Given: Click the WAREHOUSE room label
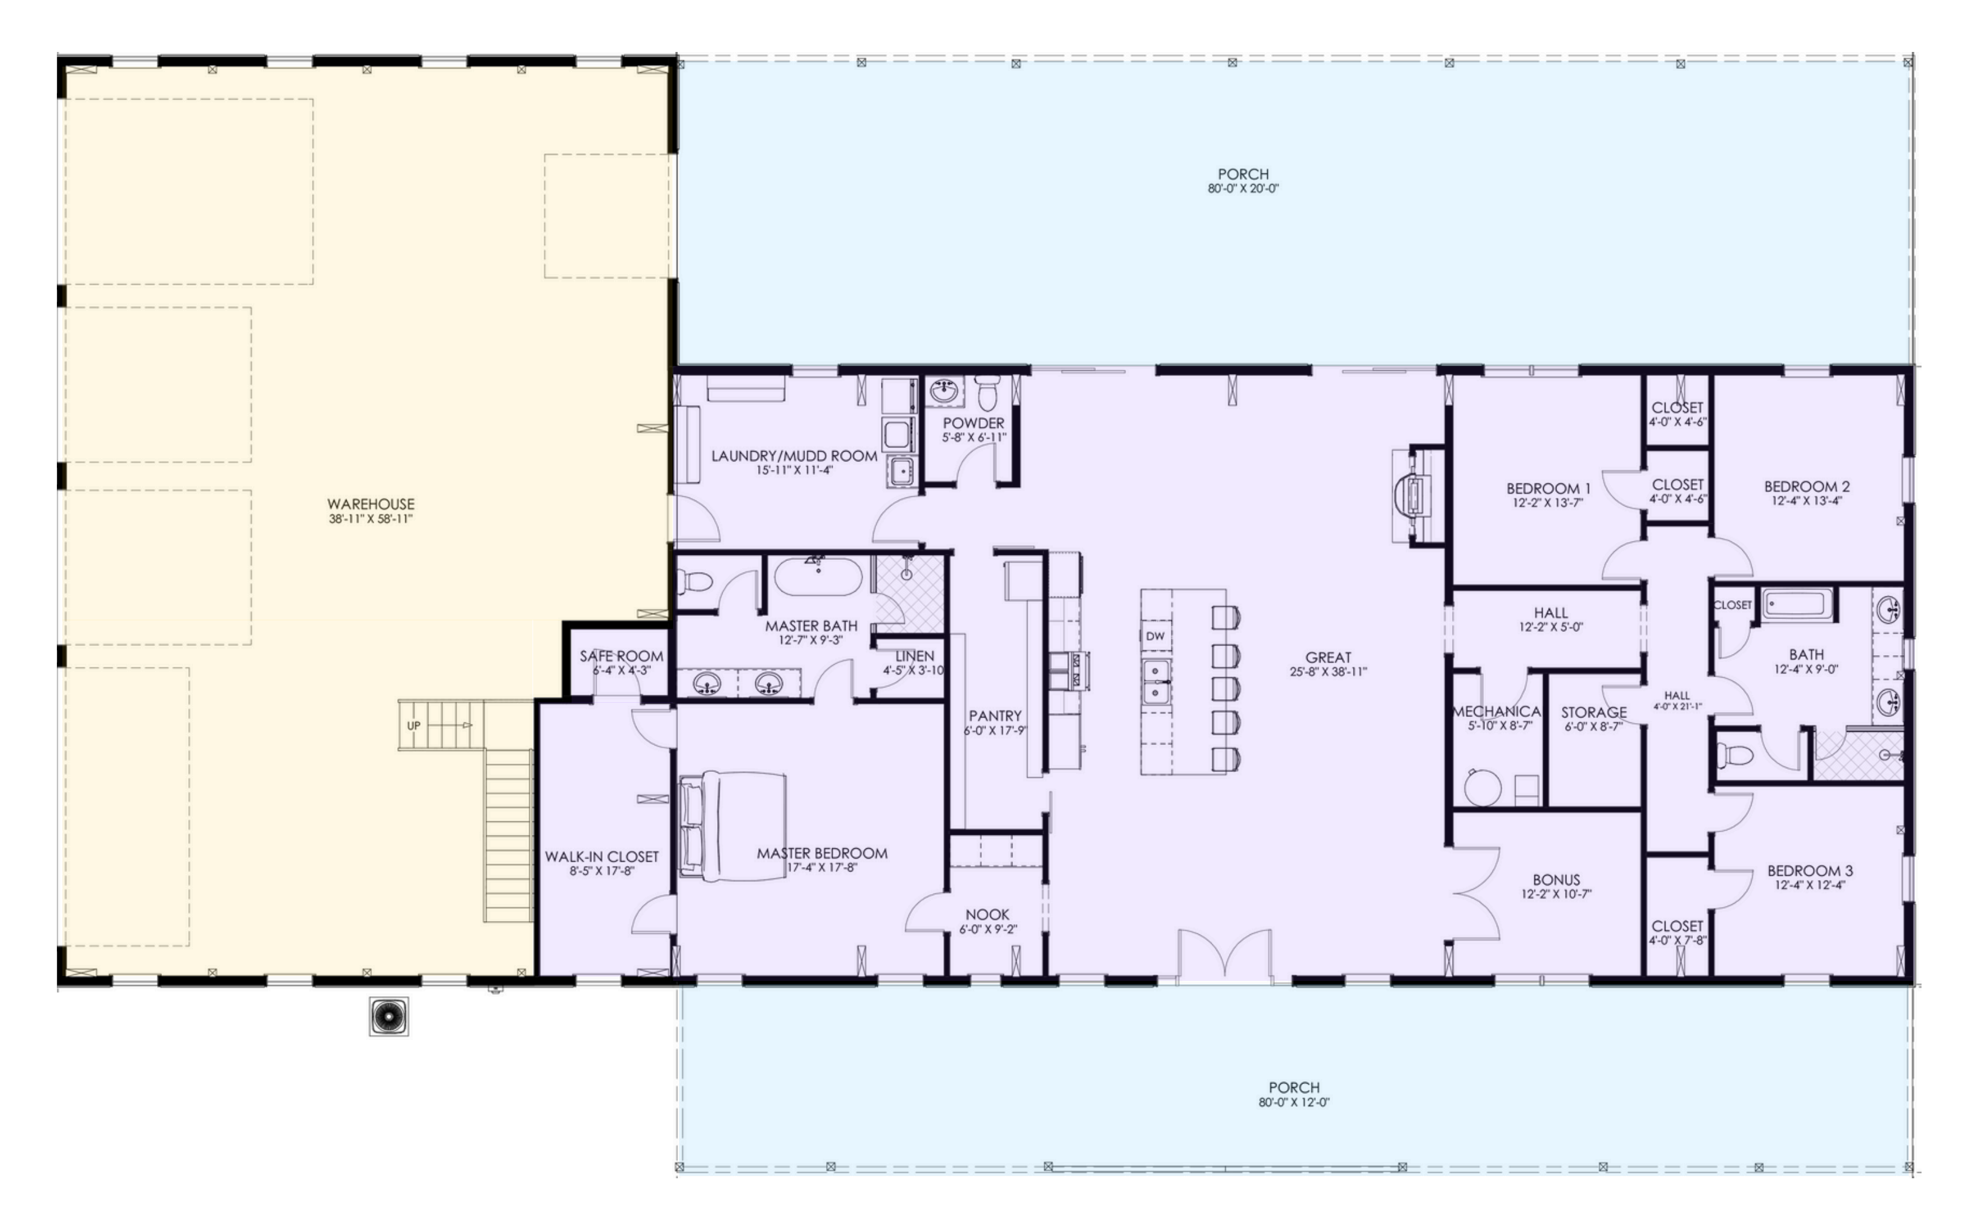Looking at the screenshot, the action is pyautogui.click(x=370, y=504).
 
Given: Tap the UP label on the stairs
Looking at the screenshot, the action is pyautogui.click(x=414, y=725).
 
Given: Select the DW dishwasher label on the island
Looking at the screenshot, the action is pyautogui.click(x=1155, y=636).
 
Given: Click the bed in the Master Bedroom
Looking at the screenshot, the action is pyautogui.click(x=732, y=826).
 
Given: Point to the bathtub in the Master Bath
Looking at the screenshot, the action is pyautogui.click(x=817, y=576).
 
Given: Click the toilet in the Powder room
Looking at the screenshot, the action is pyautogui.click(x=987, y=394).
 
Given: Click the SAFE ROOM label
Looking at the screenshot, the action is pyautogui.click(x=621, y=656).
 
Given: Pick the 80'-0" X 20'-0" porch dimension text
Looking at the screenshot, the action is pyautogui.click(x=1243, y=189).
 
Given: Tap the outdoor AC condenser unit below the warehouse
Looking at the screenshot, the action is pyautogui.click(x=389, y=1017).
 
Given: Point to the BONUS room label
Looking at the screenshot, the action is pyautogui.click(x=1556, y=879).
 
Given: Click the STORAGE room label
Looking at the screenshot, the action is pyautogui.click(x=1593, y=712).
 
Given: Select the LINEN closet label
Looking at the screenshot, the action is pyautogui.click(x=915, y=656).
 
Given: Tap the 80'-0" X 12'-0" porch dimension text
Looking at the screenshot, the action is pyautogui.click(x=1294, y=1102).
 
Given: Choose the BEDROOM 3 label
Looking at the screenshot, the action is pyautogui.click(x=1810, y=870).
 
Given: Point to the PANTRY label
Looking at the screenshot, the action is pyautogui.click(x=995, y=715).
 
